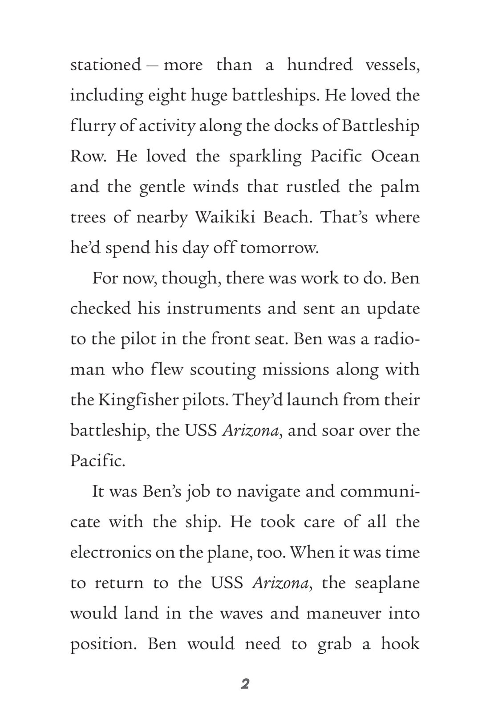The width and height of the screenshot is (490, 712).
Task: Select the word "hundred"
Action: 320,65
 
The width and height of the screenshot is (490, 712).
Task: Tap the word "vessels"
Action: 392,65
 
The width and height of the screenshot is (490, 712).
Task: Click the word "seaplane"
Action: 387,583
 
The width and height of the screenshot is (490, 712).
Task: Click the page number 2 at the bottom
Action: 245,684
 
